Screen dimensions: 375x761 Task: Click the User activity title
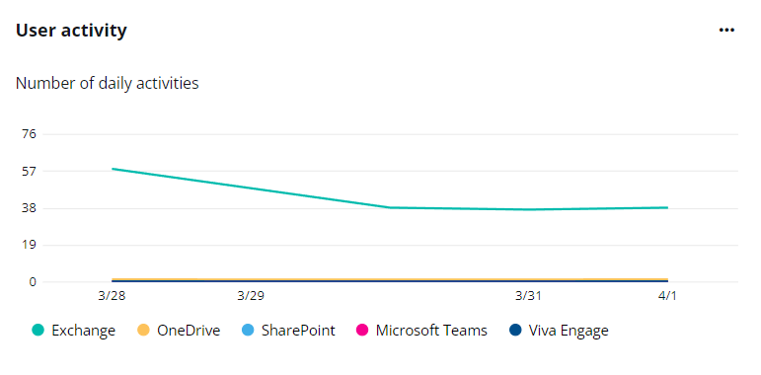pos(71,31)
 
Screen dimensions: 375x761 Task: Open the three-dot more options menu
pos(727,31)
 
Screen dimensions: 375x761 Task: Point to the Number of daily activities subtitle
pos(108,83)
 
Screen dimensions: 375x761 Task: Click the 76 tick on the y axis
pos(28,134)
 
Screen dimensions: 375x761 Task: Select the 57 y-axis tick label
pos(28,171)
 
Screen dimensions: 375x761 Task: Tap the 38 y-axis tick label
pos(28,208)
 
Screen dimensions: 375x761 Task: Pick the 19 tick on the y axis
pos(28,245)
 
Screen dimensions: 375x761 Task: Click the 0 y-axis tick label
pos(32,282)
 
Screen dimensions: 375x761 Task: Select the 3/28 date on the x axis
pos(113,295)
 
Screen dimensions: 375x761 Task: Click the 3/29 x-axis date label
pos(251,295)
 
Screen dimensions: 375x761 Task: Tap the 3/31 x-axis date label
pos(528,295)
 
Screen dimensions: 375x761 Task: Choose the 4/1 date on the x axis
pos(667,295)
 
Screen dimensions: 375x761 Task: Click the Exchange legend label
pos(85,331)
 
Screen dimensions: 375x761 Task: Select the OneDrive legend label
pos(189,331)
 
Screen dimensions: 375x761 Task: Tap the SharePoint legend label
pos(298,331)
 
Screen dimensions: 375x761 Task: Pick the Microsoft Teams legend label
pos(431,331)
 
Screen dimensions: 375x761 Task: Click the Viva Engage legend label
pos(569,331)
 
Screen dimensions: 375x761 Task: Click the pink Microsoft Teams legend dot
pos(361,331)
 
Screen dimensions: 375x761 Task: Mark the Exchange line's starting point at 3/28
pos(113,169)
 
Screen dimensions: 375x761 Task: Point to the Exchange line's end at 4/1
pos(667,207)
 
